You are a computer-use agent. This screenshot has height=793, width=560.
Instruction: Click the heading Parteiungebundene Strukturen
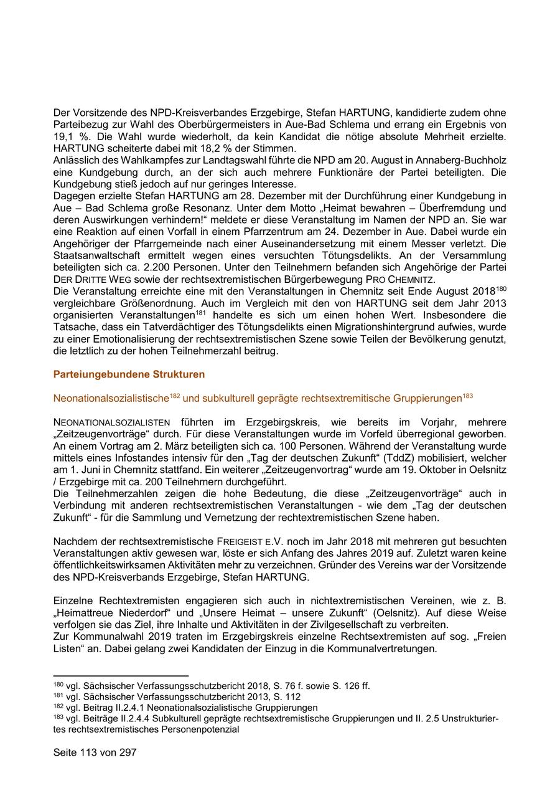129,375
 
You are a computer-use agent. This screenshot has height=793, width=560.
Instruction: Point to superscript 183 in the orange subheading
468,395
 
